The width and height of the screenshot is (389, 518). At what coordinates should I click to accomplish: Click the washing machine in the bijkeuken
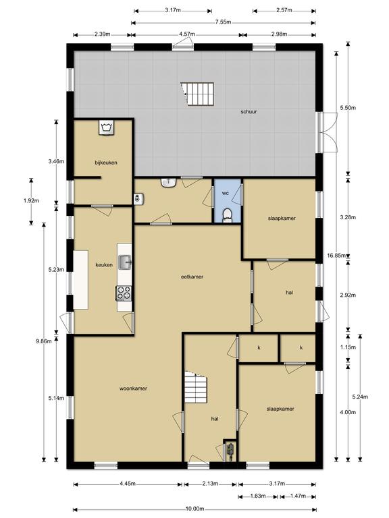point(107,127)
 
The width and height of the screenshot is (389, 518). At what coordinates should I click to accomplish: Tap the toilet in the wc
point(227,215)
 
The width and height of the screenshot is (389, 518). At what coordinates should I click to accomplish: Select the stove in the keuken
point(124,293)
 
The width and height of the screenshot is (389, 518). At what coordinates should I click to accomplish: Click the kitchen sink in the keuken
point(125,262)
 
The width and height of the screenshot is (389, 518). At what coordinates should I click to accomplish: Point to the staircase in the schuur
point(198,94)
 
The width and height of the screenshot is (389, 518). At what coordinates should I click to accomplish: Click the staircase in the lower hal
point(195,387)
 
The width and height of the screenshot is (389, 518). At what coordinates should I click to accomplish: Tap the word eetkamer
point(192,277)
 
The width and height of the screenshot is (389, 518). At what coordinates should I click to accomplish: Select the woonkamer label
point(133,388)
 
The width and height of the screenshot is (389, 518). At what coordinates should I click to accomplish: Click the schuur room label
point(249,112)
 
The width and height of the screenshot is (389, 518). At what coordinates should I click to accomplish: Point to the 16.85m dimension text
point(337,256)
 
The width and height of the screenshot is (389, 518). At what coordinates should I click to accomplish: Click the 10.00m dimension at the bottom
point(194,509)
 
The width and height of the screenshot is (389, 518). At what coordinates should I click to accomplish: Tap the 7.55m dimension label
point(223,22)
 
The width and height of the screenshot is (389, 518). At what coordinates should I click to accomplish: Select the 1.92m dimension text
point(32,200)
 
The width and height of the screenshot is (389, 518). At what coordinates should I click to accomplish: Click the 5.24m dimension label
point(360,397)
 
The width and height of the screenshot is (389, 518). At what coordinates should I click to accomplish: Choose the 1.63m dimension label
point(258,496)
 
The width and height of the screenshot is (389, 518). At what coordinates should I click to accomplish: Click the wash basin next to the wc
point(169,182)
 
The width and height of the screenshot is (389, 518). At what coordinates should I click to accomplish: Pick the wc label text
point(226,193)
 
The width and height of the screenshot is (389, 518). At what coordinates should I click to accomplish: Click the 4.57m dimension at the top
point(187,34)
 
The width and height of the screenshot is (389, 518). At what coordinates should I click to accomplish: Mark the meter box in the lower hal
point(230,451)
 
